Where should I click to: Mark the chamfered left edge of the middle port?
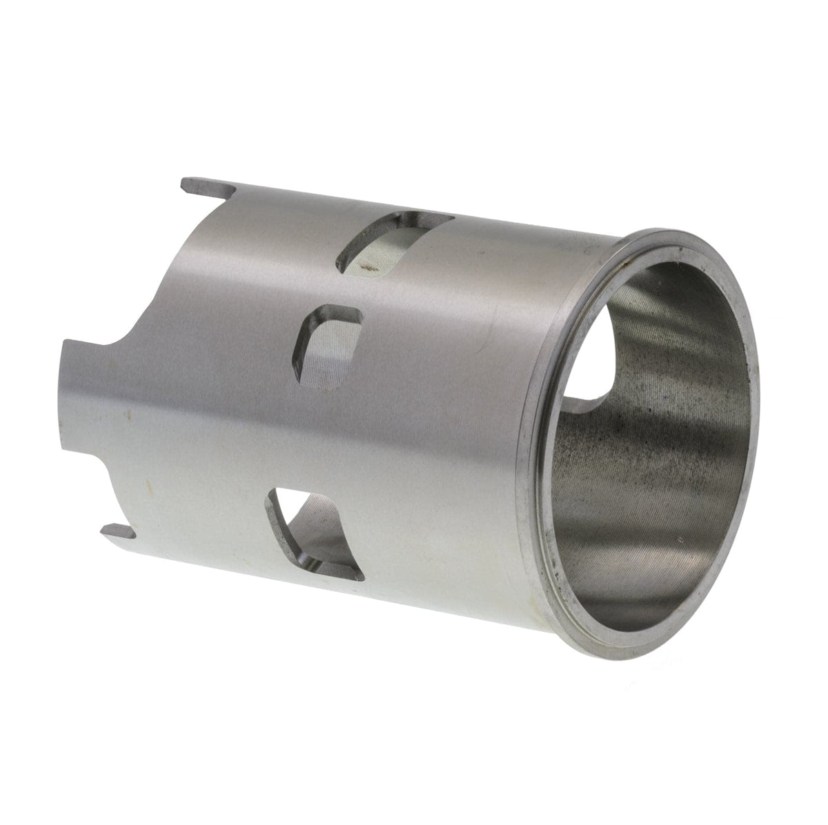[x=304, y=348]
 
